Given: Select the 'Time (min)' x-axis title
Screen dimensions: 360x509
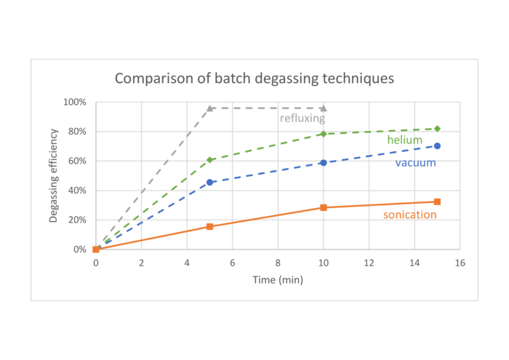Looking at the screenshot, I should click(x=277, y=279).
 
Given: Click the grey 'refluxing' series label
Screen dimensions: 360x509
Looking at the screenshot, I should click(x=302, y=118).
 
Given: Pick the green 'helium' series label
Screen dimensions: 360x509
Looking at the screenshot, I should click(x=406, y=139).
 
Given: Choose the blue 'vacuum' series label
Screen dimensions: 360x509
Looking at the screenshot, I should click(x=415, y=162).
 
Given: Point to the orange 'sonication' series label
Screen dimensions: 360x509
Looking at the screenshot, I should click(x=410, y=215).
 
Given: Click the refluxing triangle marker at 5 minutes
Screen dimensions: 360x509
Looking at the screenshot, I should click(x=210, y=108).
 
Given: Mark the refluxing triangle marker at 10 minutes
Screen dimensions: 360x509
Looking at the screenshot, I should click(x=324, y=108).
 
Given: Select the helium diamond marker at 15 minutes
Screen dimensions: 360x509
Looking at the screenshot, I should click(x=437, y=129).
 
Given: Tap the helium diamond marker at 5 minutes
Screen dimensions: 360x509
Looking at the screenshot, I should click(x=210, y=160).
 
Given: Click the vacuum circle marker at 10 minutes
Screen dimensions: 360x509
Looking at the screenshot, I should click(x=324, y=163).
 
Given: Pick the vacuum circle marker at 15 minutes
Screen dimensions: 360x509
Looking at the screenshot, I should click(x=437, y=145).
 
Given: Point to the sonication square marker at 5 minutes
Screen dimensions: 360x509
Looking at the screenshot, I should click(x=210, y=226).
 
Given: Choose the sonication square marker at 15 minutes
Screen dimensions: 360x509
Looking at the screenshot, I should click(x=437, y=201).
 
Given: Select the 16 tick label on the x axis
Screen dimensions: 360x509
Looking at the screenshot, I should click(x=460, y=263).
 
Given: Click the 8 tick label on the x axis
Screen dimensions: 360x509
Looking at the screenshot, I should click(x=278, y=263).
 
